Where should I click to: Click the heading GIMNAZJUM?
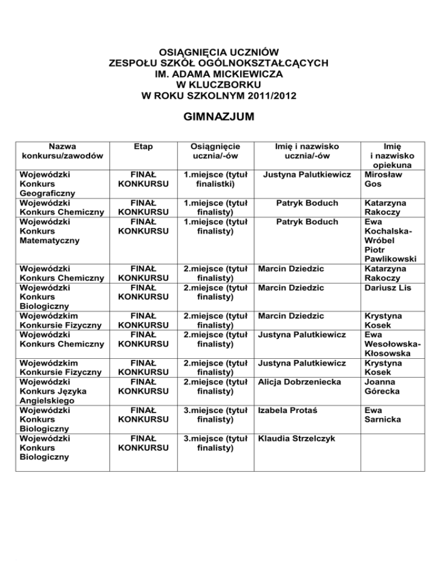pyautogui.click(x=218, y=118)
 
